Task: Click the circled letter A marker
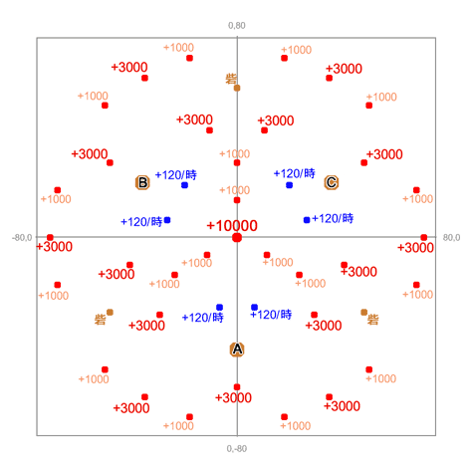click(x=237, y=350)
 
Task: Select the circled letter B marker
click(x=142, y=182)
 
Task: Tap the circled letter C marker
click(x=332, y=182)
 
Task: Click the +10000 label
click(x=232, y=226)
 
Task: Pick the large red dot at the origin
click(x=237, y=238)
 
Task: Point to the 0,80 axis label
click(x=237, y=26)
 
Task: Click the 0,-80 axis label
click(x=237, y=449)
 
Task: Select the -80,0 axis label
click(x=22, y=238)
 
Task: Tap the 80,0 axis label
click(x=451, y=238)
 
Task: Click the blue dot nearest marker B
click(x=184, y=185)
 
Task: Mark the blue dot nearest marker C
click(x=289, y=185)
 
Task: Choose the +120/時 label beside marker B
click(x=176, y=174)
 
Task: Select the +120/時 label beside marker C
click(x=295, y=173)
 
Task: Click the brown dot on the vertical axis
click(x=237, y=88)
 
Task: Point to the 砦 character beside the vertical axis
click(x=231, y=79)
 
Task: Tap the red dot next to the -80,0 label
click(x=50, y=238)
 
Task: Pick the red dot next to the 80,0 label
click(x=424, y=238)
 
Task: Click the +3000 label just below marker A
click(x=233, y=397)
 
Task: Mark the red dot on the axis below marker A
click(x=237, y=387)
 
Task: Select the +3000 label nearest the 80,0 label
click(x=415, y=248)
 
